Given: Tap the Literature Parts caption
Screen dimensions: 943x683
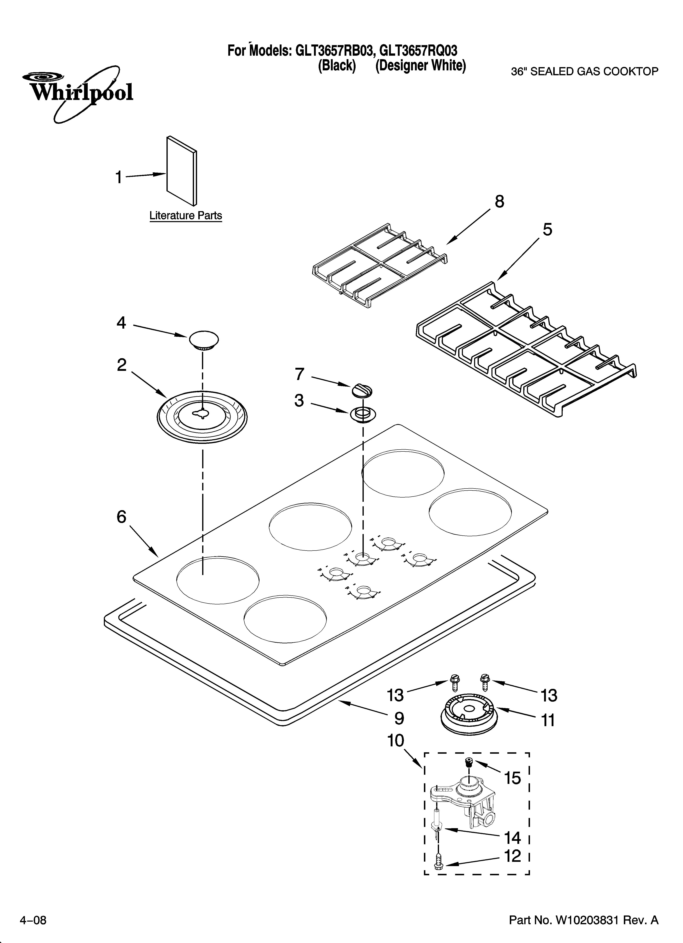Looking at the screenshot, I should pos(185,216).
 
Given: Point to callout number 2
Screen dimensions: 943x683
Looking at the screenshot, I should pos(121,365).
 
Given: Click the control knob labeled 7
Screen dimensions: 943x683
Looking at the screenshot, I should pos(361,391).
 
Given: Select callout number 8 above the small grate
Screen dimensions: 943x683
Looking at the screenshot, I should pos(499,202).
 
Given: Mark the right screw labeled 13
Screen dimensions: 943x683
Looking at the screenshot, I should pos(484,679).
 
